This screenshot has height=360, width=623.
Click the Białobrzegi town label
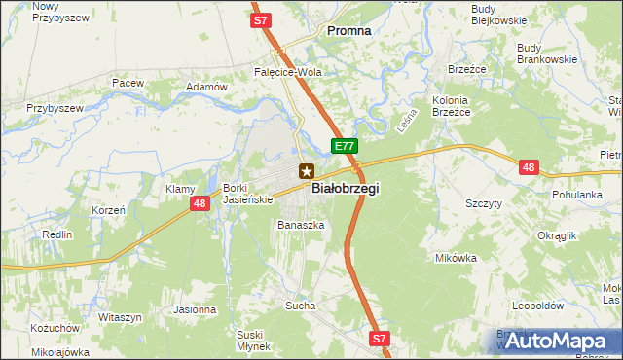coord(345,189)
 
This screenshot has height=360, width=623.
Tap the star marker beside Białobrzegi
coord(307,170)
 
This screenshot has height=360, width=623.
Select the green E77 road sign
coord(345,146)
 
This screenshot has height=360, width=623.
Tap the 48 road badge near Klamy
coord(199,203)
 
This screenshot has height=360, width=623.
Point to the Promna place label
coord(348,30)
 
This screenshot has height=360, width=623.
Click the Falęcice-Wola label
coord(287,72)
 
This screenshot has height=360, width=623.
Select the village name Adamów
coord(206,87)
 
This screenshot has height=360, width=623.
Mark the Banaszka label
coord(300,225)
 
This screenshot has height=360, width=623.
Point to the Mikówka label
coord(457,258)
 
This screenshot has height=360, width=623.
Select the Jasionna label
coord(195,309)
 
